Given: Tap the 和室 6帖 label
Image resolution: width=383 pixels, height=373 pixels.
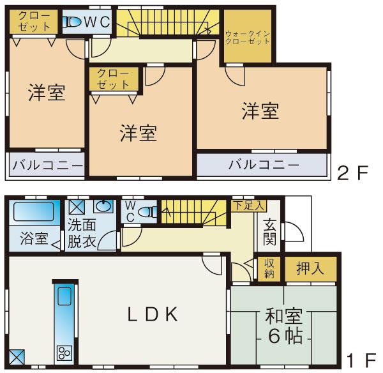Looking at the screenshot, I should click(280, 326).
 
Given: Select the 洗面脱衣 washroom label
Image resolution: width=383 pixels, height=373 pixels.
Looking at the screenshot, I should click(82, 234).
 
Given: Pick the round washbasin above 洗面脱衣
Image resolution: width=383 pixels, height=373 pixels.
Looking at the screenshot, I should click(103, 206).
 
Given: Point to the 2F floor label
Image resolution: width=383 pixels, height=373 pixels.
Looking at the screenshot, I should click(354, 172).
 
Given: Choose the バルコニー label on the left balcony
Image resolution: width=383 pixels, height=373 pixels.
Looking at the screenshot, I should click(47, 165).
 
